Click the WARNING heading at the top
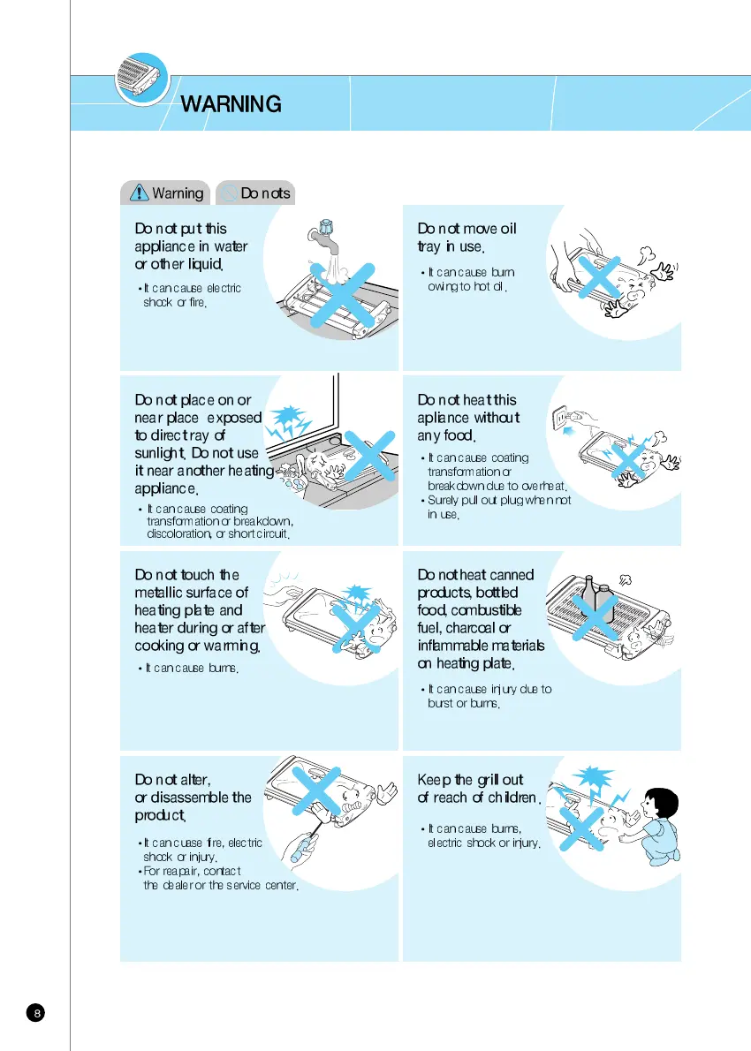pos(231,104)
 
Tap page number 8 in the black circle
pos(36,1012)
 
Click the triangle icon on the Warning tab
pos(139,192)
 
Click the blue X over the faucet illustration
pos(341,292)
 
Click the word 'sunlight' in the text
pos(160,454)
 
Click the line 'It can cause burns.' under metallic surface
pos(191,669)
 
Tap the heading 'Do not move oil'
pos(467,229)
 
